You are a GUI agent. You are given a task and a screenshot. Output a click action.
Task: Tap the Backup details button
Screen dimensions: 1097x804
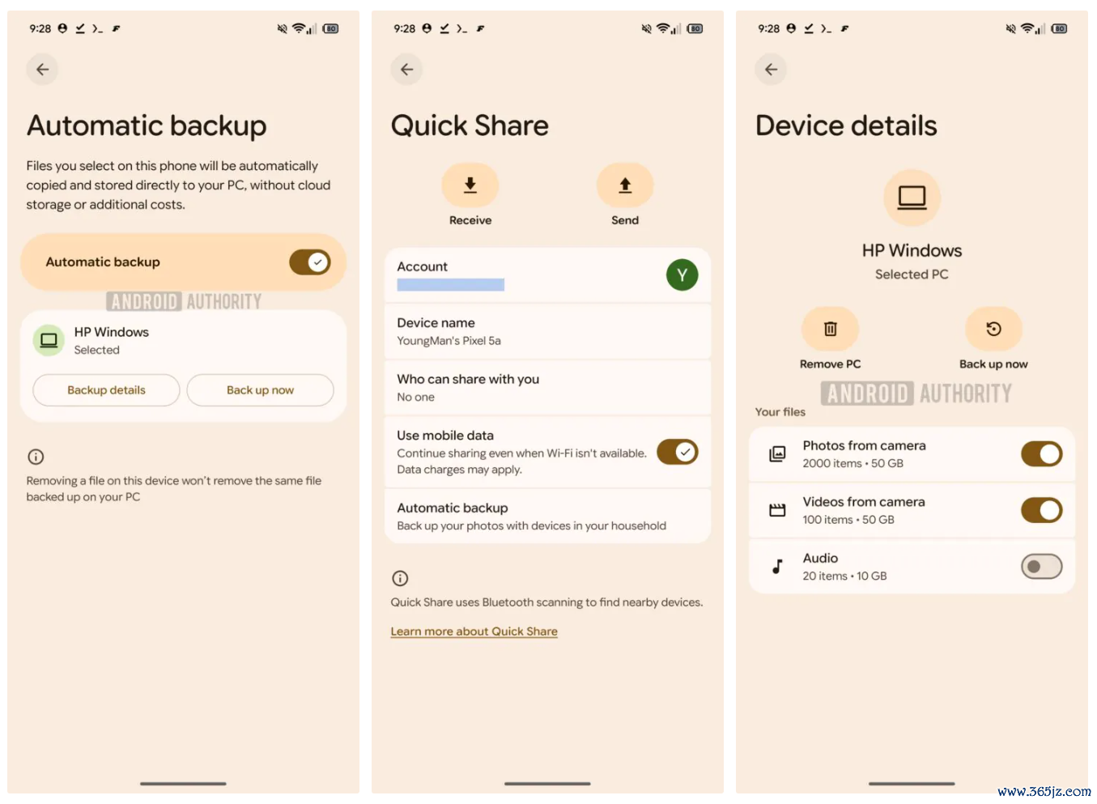(x=106, y=390)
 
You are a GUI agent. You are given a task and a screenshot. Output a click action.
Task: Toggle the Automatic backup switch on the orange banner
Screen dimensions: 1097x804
(x=309, y=262)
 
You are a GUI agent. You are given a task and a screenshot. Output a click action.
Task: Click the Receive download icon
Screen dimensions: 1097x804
(x=470, y=185)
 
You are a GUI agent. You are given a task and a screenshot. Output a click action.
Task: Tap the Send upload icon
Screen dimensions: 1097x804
(x=625, y=185)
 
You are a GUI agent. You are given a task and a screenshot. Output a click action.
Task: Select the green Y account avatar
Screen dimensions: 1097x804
(x=682, y=274)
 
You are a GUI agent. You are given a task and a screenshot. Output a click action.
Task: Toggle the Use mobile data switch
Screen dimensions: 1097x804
(x=678, y=452)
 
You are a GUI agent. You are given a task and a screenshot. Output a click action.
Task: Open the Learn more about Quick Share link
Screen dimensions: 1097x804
(x=474, y=632)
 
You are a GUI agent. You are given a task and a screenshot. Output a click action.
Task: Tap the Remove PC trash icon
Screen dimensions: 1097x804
(x=830, y=329)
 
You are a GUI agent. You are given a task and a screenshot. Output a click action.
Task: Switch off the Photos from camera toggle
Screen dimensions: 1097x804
(x=1042, y=454)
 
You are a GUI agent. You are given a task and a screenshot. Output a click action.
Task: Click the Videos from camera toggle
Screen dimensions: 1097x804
(x=1042, y=510)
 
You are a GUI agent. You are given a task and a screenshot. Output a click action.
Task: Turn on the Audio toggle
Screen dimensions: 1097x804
(x=1042, y=567)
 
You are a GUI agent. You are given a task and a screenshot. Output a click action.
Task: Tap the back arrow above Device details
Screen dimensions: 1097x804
(x=771, y=70)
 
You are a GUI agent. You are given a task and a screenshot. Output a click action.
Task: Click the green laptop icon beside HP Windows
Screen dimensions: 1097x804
(x=49, y=340)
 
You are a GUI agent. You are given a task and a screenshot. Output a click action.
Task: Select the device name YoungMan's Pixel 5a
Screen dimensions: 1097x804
(x=449, y=341)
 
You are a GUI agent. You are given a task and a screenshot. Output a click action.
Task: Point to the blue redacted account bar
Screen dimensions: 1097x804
(x=451, y=284)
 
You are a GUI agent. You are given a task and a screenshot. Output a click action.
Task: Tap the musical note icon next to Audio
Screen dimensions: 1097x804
(x=777, y=567)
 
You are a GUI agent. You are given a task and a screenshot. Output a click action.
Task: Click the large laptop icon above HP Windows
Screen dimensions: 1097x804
(x=912, y=198)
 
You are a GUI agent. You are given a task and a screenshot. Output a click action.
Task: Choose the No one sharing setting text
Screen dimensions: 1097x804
(x=416, y=397)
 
